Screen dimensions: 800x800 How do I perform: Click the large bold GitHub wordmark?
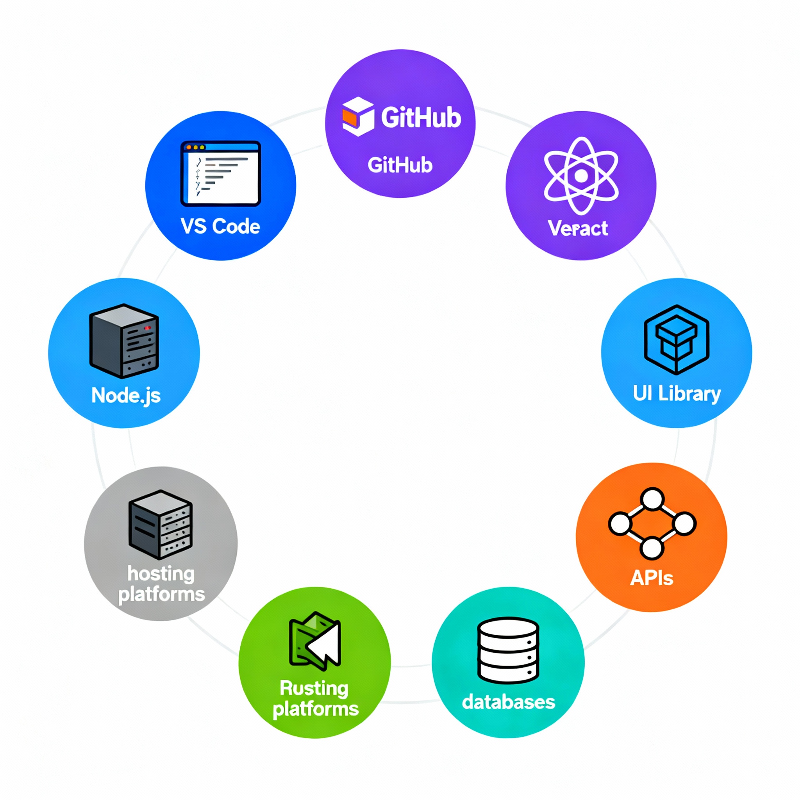coord(421,118)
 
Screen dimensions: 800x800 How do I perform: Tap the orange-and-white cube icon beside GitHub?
coord(358,117)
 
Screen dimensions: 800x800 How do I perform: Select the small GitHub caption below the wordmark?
coord(400,165)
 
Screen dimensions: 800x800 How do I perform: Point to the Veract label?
coord(578,228)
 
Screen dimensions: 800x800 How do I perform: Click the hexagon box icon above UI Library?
coord(677,339)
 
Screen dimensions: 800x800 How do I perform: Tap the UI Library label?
coord(677,393)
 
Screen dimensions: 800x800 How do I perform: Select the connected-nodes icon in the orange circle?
coord(652,523)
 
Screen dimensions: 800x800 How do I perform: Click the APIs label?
coord(652,578)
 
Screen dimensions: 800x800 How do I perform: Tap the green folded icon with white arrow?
coord(315,641)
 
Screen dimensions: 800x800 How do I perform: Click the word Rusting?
coord(314,689)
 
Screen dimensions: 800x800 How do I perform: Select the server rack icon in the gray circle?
coord(161,524)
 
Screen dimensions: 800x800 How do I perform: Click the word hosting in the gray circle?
coord(161,574)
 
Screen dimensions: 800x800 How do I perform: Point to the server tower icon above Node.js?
coord(124,341)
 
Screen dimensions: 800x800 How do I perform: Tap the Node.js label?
coord(126,395)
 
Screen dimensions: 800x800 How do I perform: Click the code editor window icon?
coord(221,173)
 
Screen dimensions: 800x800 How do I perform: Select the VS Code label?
coord(220,227)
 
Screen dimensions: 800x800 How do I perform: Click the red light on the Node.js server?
coord(147,328)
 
